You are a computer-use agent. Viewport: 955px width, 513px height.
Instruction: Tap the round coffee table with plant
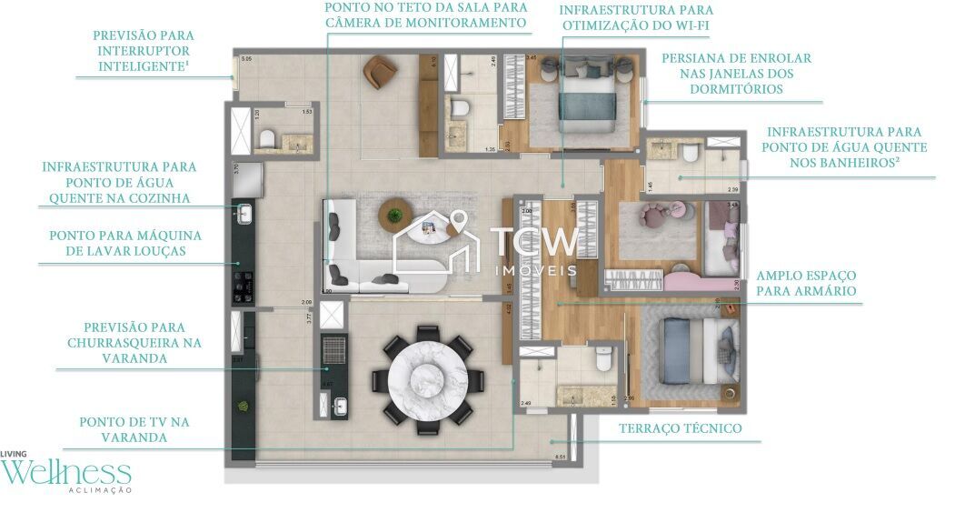pos(394,217)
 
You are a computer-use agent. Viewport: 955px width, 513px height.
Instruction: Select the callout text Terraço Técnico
pos(680,428)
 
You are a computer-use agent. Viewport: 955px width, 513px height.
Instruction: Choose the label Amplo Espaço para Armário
pos(806,283)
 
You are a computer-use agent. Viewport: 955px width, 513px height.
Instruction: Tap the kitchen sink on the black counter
pos(244,214)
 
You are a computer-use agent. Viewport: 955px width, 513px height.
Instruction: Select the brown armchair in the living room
pos(377,72)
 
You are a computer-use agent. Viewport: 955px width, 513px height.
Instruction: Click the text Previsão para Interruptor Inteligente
pos(143,51)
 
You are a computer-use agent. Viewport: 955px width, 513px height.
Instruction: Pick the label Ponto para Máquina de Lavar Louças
pos(125,243)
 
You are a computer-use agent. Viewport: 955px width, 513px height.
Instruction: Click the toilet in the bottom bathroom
pos(602,361)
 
